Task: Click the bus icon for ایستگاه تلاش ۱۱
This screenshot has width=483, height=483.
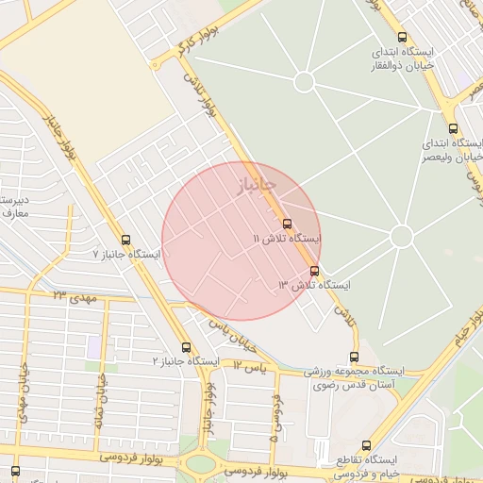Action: click(x=287, y=224)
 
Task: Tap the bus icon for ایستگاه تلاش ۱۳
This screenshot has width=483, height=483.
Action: click(x=314, y=271)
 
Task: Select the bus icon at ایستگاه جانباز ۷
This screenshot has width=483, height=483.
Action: click(x=126, y=240)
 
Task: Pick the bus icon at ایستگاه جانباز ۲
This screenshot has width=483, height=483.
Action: click(x=185, y=347)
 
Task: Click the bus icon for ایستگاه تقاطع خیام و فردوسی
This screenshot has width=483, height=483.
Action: click(x=366, y=445)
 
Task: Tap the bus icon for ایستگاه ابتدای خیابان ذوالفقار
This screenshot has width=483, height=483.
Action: click(x=403, y=37)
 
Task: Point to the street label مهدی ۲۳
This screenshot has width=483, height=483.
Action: click(x=76, y=296)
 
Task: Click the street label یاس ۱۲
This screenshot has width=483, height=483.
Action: click(x=252, y=363)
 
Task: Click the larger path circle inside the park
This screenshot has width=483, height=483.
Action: click(x=401, y=236)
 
